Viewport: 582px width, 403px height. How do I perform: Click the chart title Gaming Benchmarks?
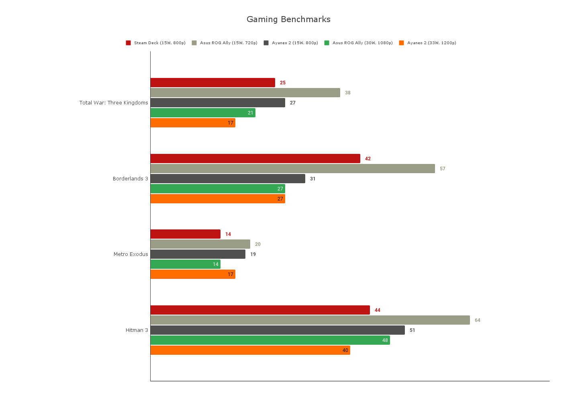coord(288,19)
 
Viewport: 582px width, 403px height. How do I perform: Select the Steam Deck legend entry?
coord(156,43)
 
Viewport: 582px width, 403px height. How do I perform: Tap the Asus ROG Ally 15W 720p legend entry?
coord(225,43)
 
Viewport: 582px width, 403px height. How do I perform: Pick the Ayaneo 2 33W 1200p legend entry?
coord(428,43)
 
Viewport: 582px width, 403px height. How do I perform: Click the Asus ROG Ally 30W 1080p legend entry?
coord(359,43)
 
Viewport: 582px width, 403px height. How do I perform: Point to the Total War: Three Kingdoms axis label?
coord(114,103)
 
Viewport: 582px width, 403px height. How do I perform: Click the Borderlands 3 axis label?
coord(130,179)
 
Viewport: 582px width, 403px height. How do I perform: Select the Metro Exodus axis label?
coord(131,254)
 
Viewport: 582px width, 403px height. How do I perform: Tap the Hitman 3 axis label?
coord(137,330)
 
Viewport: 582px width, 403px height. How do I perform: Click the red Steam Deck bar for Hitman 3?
coord(260,310)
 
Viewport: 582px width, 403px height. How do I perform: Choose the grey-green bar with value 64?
coord(310,320)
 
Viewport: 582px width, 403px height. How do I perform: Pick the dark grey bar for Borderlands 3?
coord(228,179)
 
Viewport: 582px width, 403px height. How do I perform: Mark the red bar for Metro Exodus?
coord(185,234)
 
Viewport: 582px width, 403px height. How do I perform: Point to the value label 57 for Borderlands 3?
coord(443,169)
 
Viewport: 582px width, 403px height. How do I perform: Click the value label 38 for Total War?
coord(348,93)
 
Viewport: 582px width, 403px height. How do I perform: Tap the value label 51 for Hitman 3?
coord(413,330)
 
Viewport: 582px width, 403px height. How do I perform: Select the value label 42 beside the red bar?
coord(368,159)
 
